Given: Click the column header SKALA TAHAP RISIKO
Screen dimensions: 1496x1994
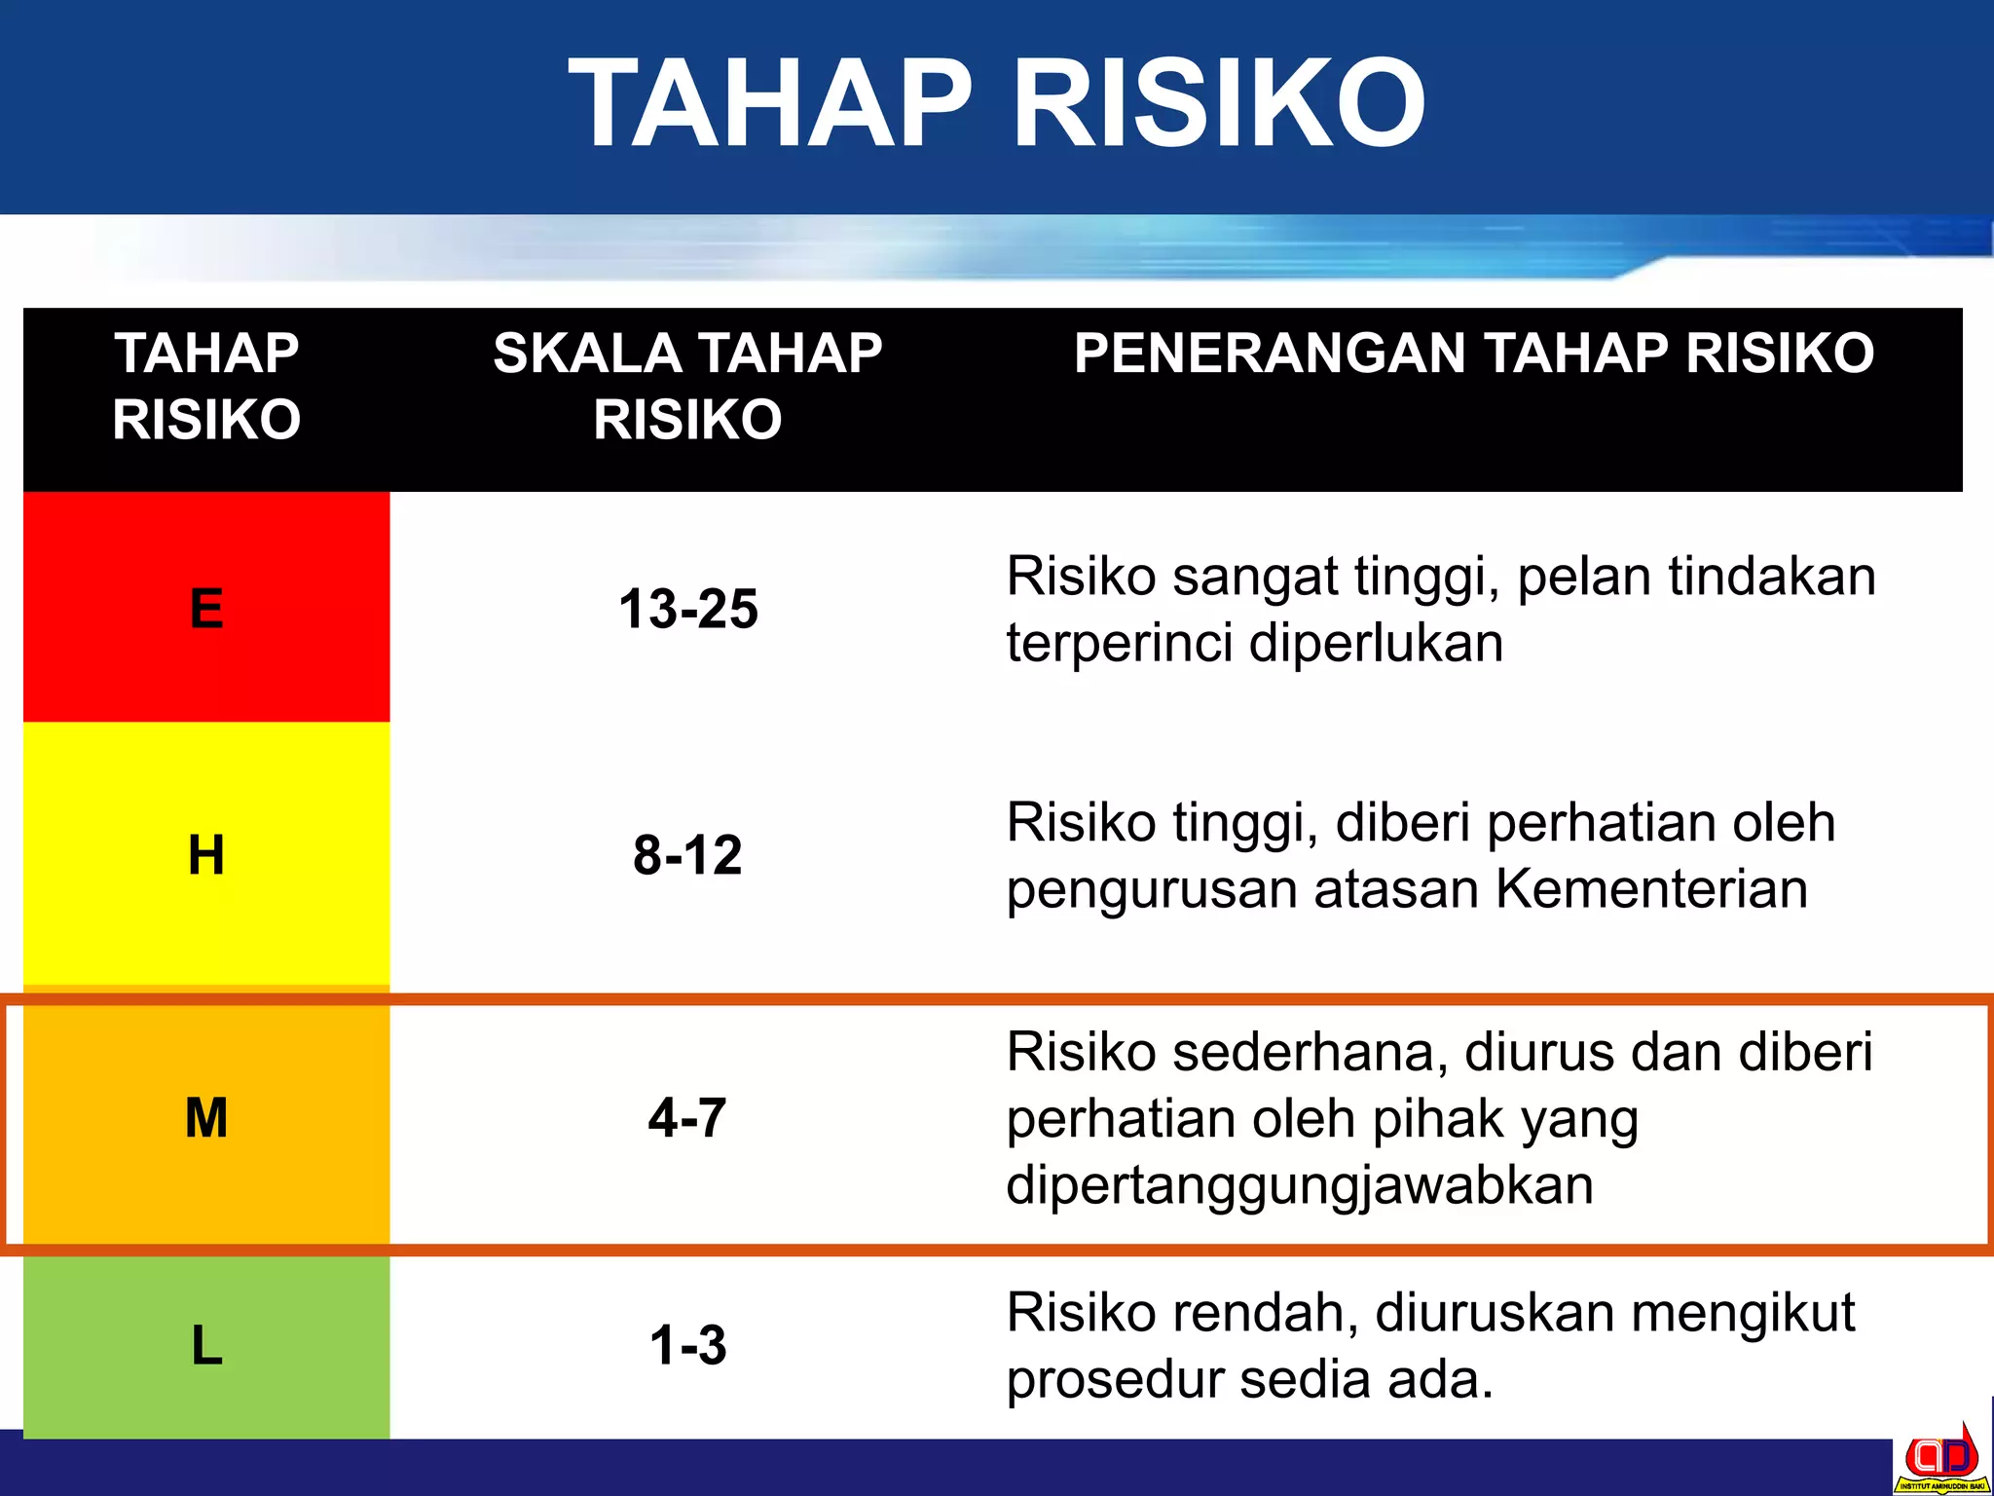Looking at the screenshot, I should [687, 386].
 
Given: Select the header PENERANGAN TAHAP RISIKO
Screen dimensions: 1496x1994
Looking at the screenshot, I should [1473, 353].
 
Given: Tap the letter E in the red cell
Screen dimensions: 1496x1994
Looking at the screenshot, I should [206, 609].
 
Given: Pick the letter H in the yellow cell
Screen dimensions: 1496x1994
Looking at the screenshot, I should [206, 855].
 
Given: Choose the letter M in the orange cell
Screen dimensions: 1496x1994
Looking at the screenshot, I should [206, 1117].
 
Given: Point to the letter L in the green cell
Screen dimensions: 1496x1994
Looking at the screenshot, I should [206, 1346].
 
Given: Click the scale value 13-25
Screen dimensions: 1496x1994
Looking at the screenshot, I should [688, 609].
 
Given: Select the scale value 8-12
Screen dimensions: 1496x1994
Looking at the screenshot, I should [687, 855].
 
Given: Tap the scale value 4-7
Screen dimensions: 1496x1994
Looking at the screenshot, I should [687, 1117].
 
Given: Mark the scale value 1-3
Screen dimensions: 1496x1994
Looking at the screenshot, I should [687, 1346].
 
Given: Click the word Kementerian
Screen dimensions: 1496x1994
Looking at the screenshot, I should [1651, 888].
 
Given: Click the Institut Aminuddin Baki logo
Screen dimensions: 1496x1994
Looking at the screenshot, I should [1940, 1461].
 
